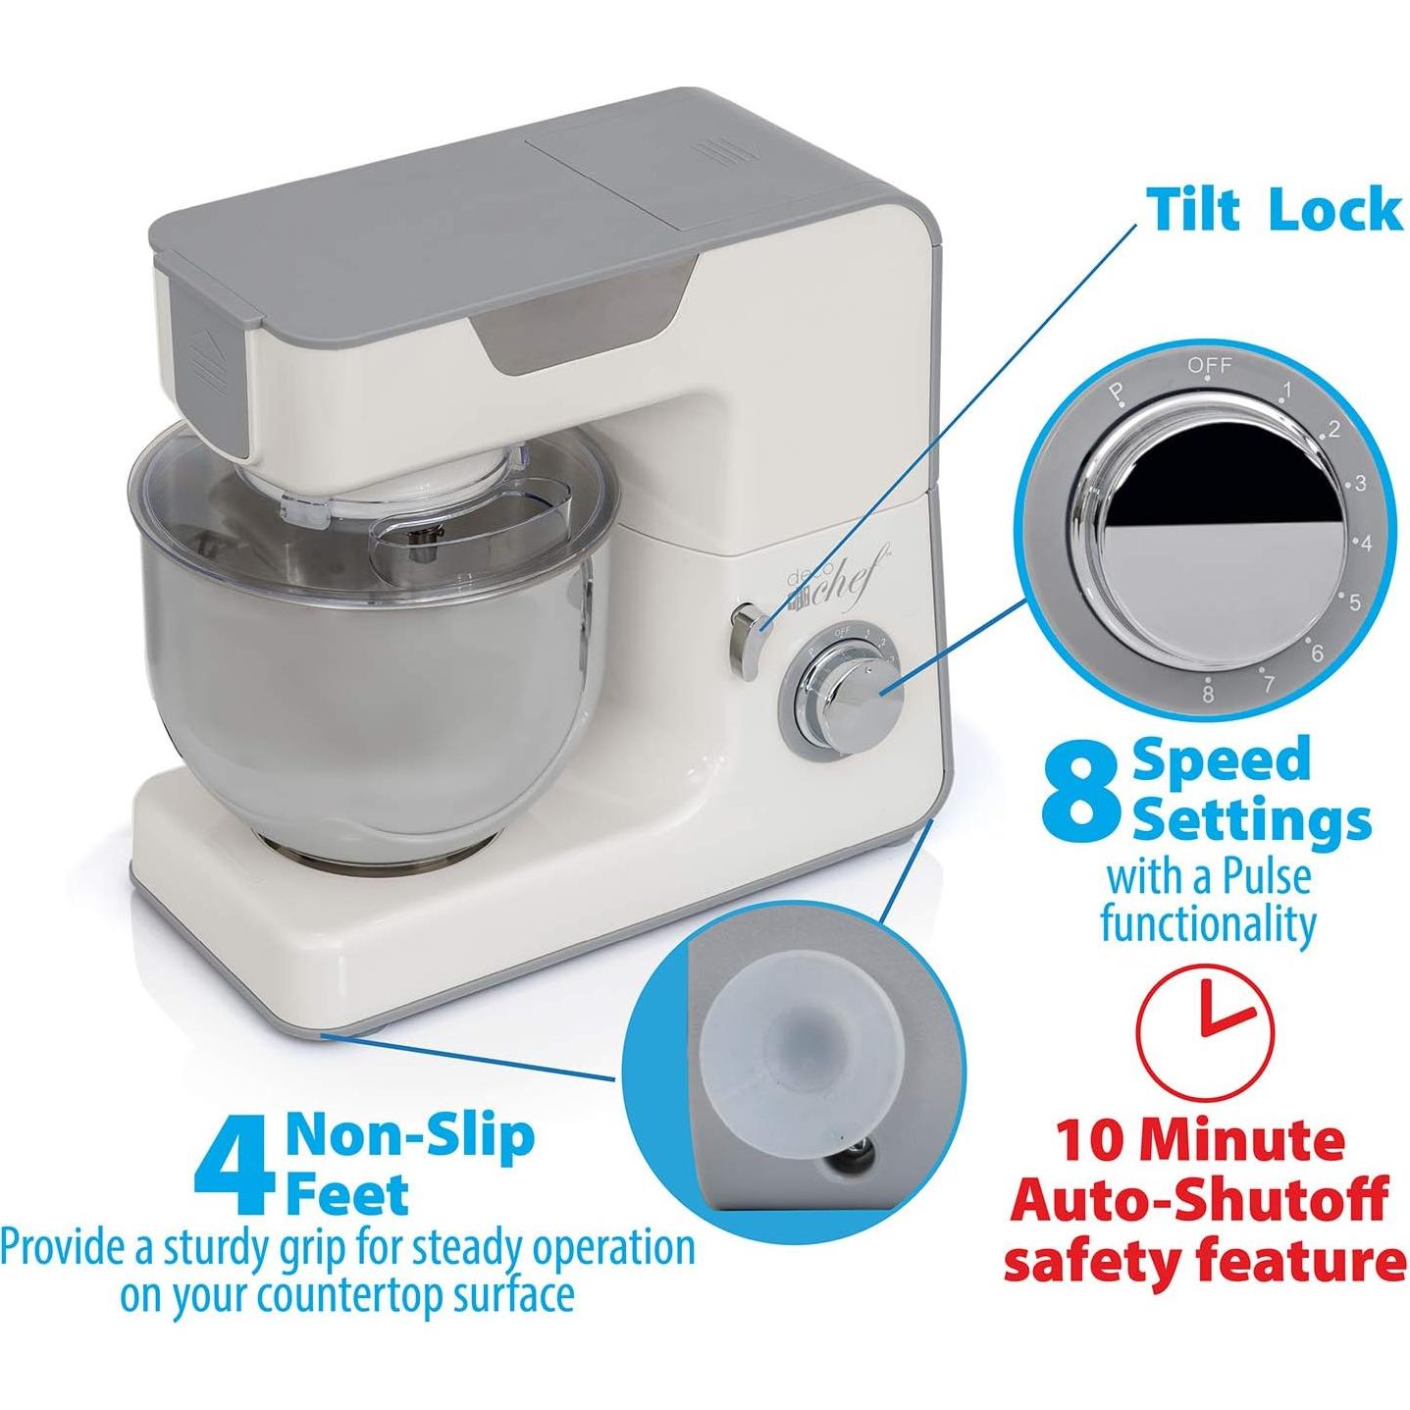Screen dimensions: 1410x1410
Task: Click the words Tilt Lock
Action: (1275, 208)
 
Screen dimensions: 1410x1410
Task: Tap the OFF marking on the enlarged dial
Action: (1209, 366)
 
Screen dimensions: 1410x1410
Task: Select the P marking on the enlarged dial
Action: (1116, 394)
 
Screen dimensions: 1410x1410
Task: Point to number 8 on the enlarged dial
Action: (1208, 694)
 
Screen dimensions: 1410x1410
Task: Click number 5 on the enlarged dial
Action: (1354, 601)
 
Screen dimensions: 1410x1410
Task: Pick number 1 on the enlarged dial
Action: (1284, 392)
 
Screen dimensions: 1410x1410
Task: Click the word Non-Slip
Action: (410, 1135)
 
